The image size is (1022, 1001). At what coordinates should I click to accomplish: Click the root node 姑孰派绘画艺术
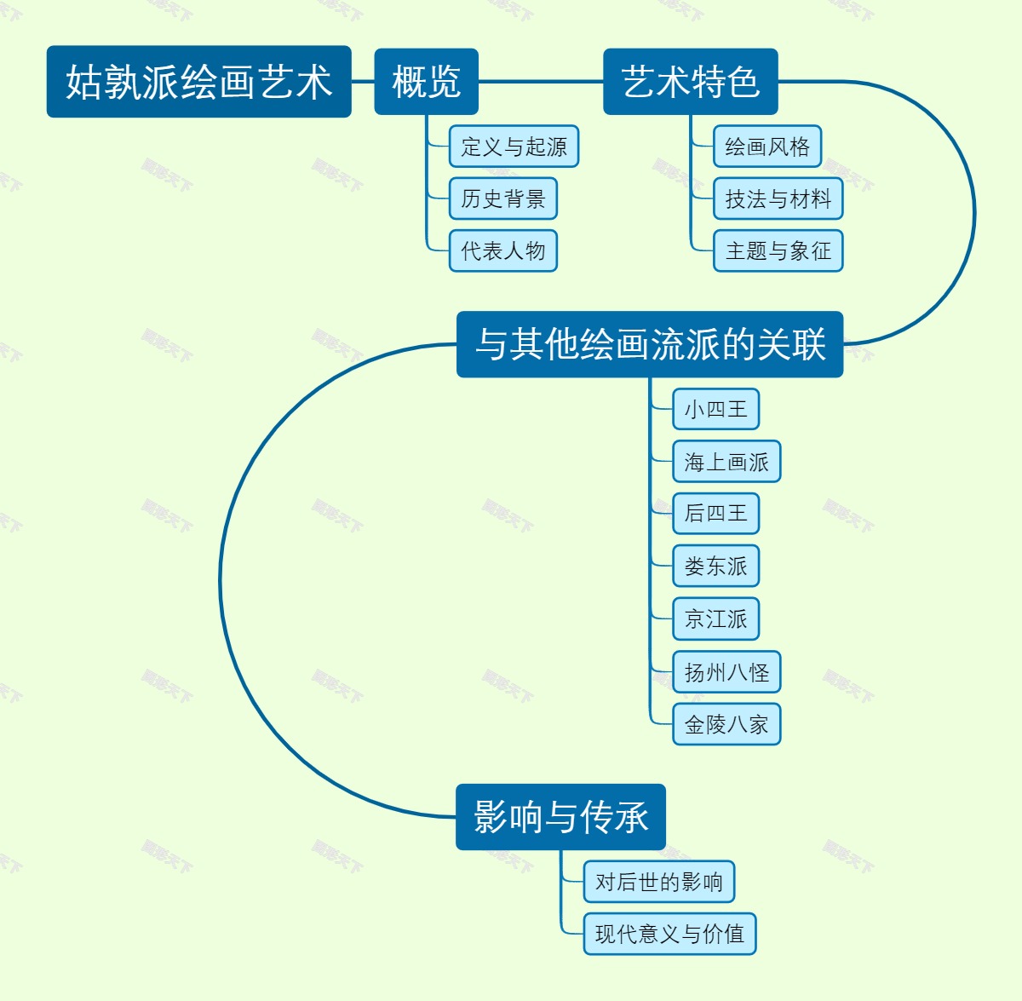tap(198, 82)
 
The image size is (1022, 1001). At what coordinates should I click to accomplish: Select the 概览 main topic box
tap(426, 82)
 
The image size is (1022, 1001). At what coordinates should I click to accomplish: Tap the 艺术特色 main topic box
tap(690, 82)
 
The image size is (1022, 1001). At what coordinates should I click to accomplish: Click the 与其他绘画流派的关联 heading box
tap(650, 344)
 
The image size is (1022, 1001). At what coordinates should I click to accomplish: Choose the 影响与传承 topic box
tap(560, 817)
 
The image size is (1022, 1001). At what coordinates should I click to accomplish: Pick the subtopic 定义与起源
tap(514, 147)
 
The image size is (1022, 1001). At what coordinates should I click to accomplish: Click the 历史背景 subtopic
tap(502, 198)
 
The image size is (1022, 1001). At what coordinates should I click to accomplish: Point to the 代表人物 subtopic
tap(502, 250)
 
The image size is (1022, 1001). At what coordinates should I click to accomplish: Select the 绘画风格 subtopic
tap(766, 147)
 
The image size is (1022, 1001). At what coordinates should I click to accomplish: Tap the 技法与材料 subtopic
tap(778, 198)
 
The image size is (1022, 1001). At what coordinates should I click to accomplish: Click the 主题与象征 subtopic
tap(778, 250)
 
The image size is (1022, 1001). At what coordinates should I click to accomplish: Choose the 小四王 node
tap(715, 409)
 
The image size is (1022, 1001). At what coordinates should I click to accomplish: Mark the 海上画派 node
tap(726, 462)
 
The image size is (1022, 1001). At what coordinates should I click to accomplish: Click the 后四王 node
tap(715, 514)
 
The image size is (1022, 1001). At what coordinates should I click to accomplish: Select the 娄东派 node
tap(715, 567)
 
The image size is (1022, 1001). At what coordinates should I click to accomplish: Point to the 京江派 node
tap(715, 619)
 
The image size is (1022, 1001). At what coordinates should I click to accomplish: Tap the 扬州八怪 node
tap(726, 672)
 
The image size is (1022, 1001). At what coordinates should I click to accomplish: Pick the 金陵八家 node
tap(726, 724)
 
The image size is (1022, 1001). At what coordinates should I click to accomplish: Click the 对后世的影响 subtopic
tap(658, 882)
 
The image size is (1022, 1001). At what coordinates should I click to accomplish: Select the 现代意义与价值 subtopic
tap(669, 934)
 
